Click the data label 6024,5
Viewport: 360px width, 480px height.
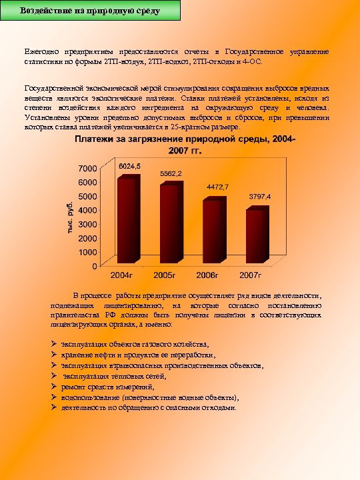point(129,165)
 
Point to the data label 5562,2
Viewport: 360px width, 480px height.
point(171,173)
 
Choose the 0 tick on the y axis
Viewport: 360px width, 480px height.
point(94,265)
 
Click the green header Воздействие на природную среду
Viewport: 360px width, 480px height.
point(90,11)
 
